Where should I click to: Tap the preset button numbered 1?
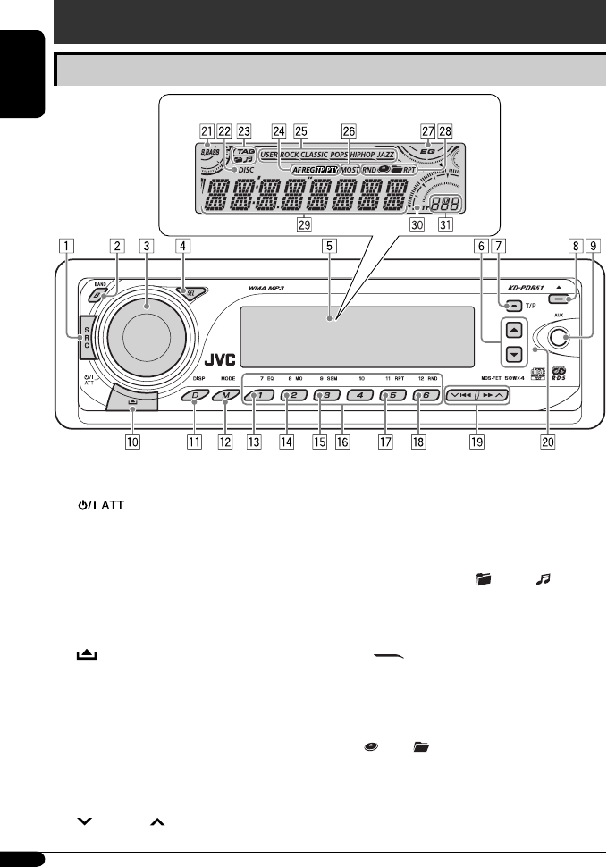pos(255,395)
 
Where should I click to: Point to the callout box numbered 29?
pos(306,223)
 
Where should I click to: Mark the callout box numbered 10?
pos(132,441)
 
